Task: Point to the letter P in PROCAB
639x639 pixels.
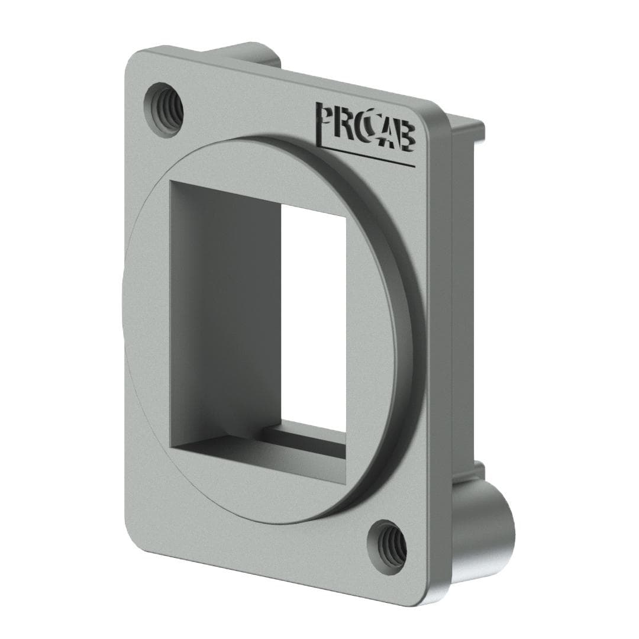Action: coord(325,118)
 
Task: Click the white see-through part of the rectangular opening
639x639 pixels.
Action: coord(314,314)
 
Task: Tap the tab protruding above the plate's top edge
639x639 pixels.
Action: coord(248,52)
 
